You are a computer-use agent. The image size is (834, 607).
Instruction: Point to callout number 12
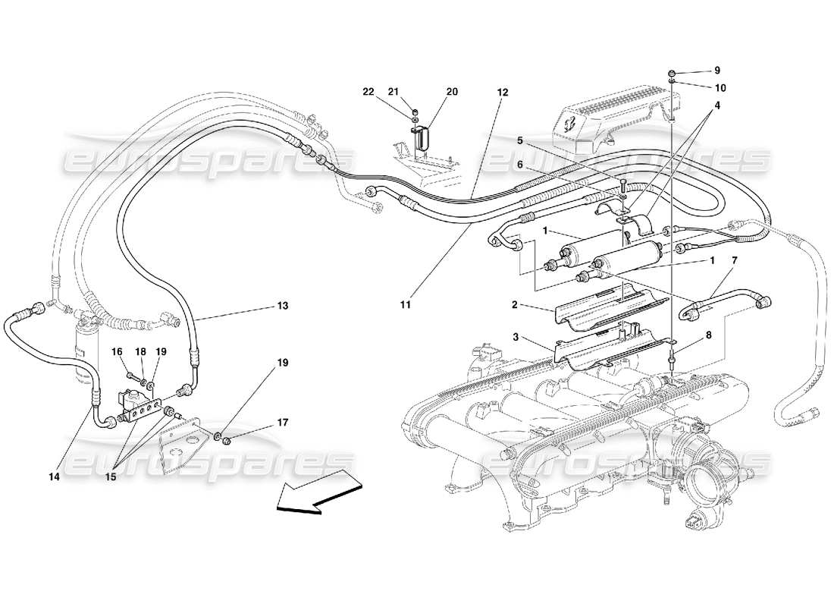tap(502, 92)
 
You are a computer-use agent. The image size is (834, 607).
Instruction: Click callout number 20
tap(452, 92)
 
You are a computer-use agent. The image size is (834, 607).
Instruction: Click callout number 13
tap(282, 307)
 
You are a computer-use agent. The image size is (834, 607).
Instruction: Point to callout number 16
tap(118, 351)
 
